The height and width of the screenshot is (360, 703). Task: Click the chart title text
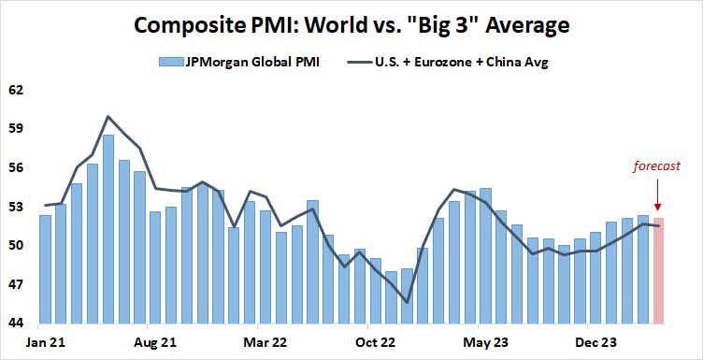[351, 23]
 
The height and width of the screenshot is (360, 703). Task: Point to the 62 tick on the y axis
[16, 91]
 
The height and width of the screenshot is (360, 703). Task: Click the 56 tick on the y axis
[16, 167]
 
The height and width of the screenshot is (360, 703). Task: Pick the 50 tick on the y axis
[16, 245]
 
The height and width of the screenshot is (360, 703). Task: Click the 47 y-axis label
[16, 283]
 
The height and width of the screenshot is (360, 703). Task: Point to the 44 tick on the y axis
[16, 323]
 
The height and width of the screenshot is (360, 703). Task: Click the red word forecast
[658, 168]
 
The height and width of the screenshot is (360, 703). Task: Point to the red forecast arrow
[658, 196]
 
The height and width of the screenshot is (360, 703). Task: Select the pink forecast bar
[659, 271]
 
